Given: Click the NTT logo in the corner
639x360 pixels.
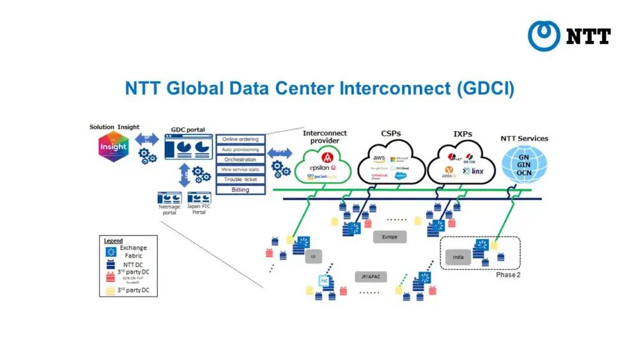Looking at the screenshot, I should pyautogui.click(x=569, y=36).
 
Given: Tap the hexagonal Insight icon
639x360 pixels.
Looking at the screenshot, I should pyautogui.click(x=114, y=146).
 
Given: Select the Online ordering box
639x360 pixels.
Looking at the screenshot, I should pyautogui.click(x=240, y=139).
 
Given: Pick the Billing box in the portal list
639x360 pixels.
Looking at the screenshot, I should pyautogui.click(x=240, y=190).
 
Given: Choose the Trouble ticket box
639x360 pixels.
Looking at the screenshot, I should pyautogui.click(x=240, y=180).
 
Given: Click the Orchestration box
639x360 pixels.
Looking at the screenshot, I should pyautogui.click(x=240, y=159).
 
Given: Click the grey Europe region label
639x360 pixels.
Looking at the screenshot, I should pyautogui.click(x=389, y=237).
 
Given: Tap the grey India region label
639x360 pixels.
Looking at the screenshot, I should pyautogui.click(x=458, y=258).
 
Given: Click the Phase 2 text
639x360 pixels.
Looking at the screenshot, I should pyautogui.click(x=509, y=275).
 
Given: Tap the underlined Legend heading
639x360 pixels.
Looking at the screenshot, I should pyautogui.click(x=113, y=240).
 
